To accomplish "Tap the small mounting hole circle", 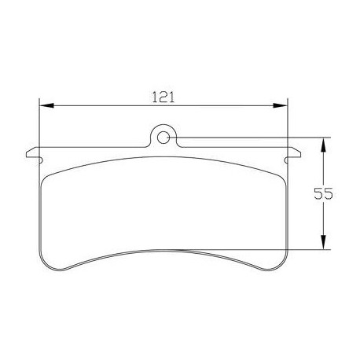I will pyautogui.click(x=163, y=138).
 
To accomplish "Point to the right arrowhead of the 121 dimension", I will pyautogui.click(x=282, y=105).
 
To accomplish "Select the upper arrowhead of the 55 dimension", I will pyautogui.click(x=323, y=144).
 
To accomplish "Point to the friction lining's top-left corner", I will pyautogui.click(x=49, y=174).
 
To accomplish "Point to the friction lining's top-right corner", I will pyautogui.click(x=279, y=174).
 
